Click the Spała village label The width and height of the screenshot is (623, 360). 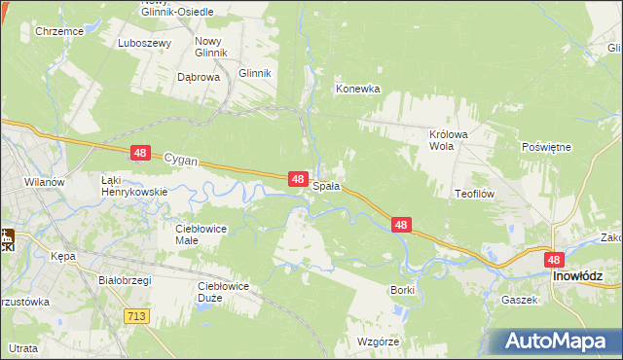coord(326,185)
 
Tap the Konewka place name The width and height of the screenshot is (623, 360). coord(357,89)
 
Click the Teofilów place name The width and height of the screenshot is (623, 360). coord(476,194)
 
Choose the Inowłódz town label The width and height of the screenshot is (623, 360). coord(586,276)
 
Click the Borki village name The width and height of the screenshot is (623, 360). coord(402,290)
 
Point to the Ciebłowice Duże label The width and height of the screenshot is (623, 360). coord(224,292)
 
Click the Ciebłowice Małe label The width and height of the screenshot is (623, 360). coord(201,234)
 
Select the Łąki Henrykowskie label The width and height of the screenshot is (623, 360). coord(134,186)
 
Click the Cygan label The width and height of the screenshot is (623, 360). coord(181,157)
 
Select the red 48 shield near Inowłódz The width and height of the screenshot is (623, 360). coord(554,260)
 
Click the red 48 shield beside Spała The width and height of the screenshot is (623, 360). coord(300,178)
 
